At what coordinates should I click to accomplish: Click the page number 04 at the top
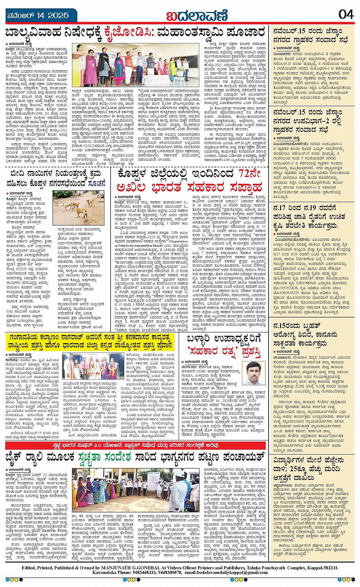coord(346,14)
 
